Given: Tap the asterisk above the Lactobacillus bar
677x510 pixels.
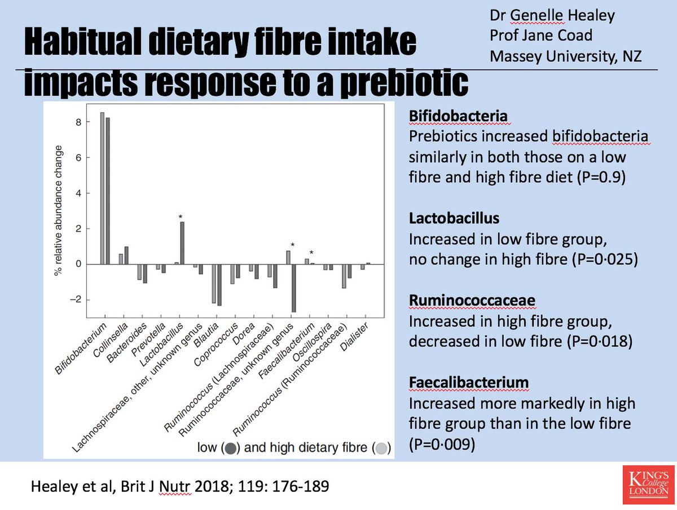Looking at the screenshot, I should point(181,217).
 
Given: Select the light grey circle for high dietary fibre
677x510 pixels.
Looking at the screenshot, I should point(381,449).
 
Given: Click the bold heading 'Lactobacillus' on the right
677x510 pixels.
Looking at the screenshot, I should point(446,218).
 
